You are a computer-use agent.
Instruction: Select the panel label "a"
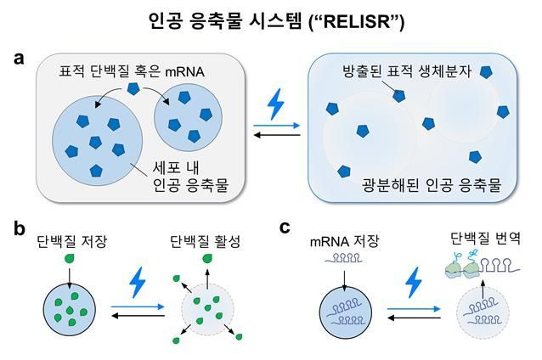(x=19, y=59)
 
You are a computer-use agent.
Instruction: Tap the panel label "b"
(x=19, y=228)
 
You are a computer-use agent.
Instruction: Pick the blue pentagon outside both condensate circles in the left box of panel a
(x=133, y=89)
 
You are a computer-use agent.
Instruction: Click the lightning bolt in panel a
(x=275, y=104)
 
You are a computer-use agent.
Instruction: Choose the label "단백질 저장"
(x=69, y=243)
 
